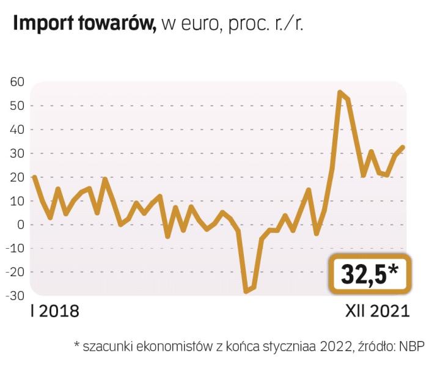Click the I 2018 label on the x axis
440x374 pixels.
[x=54, y=311]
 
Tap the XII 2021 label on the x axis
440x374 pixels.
[x=373, y=311]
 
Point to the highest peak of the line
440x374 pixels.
[x=340, y=92]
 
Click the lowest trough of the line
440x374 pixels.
[x=246, y=291]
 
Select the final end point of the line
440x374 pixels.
[x=403, y=147]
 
